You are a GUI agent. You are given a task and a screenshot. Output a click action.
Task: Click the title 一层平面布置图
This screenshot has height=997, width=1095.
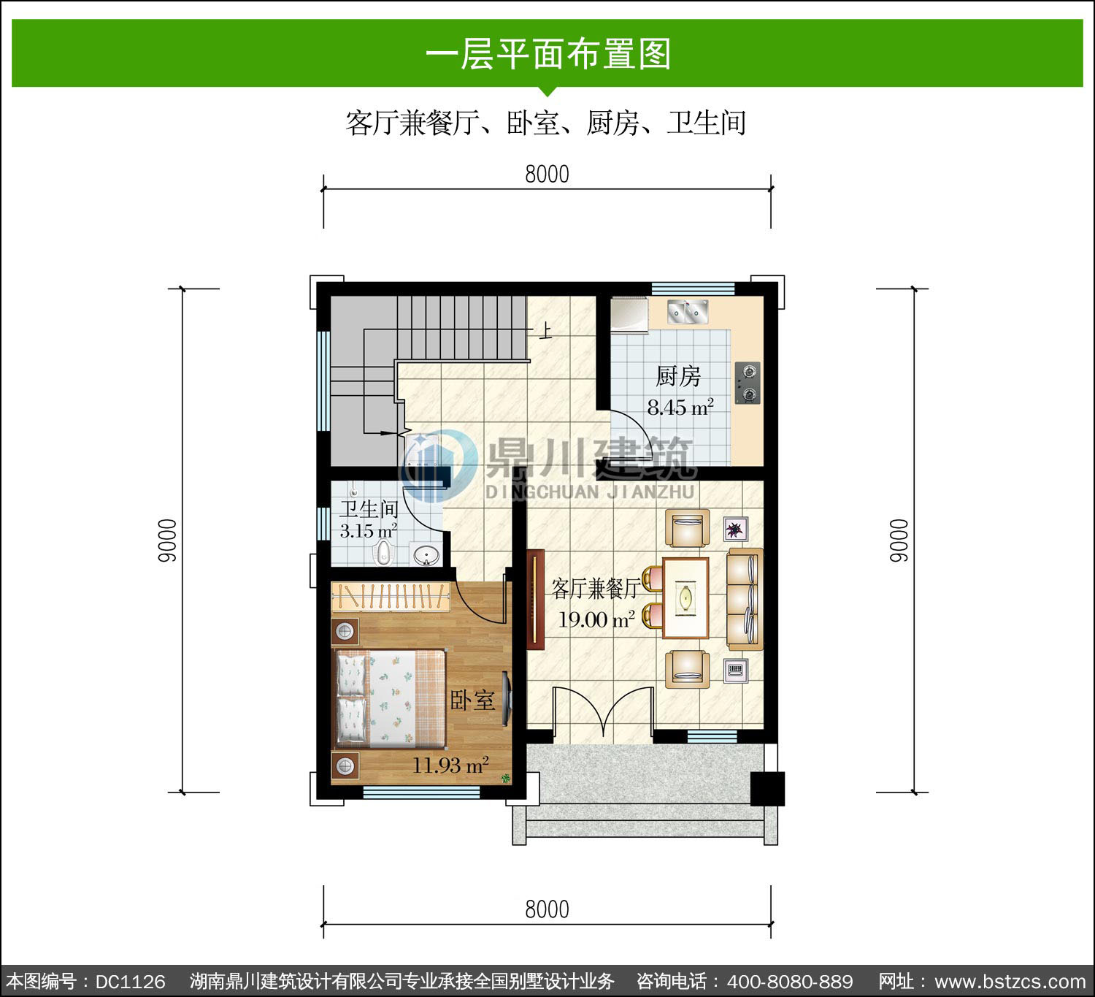coord(547,53)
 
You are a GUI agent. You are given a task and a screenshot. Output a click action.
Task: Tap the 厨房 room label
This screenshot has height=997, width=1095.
coord(678,377)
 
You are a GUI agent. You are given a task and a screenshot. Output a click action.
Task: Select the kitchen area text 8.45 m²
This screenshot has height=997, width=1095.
coord(680,407)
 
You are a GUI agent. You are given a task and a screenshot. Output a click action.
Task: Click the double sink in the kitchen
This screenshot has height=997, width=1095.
coord(687,311)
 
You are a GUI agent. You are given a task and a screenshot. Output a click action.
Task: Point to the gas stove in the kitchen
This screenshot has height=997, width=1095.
coord(748,383)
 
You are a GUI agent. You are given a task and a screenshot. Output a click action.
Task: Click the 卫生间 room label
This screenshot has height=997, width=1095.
coord(369,509)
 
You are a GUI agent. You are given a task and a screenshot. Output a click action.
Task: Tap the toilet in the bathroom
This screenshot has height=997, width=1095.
coord(384,552)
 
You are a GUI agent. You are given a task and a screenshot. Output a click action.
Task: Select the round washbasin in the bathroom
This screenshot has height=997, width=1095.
coord(426,556)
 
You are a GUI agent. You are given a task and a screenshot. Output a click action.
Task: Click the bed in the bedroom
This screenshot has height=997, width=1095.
coord(390,698)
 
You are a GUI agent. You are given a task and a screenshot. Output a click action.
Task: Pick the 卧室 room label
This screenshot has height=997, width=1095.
coord(472,700)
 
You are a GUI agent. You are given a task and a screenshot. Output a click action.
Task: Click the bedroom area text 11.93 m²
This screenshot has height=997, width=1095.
coord(450,765)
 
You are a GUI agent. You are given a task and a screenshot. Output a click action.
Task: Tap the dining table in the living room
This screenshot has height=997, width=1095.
coord(685,598)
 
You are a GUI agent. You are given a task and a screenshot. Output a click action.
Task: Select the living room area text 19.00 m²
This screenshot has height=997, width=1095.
coord(596,619)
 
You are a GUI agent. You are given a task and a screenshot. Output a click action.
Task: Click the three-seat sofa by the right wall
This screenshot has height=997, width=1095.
coord(745,599)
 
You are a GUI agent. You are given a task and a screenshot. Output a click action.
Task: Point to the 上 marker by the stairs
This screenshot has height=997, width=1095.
coord(545,330)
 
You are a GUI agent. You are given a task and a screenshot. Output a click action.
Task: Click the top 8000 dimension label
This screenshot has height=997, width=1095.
coord(547,175)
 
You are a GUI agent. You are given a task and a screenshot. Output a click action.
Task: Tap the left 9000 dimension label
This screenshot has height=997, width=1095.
coord(167,540)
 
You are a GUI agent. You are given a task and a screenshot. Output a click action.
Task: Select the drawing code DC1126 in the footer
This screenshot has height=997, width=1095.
coord(131,982)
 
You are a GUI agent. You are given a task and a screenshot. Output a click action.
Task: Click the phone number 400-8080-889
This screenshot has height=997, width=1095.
coord(790,982)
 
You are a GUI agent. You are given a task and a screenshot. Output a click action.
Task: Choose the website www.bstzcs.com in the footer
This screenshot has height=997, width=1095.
coord(1010,982)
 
